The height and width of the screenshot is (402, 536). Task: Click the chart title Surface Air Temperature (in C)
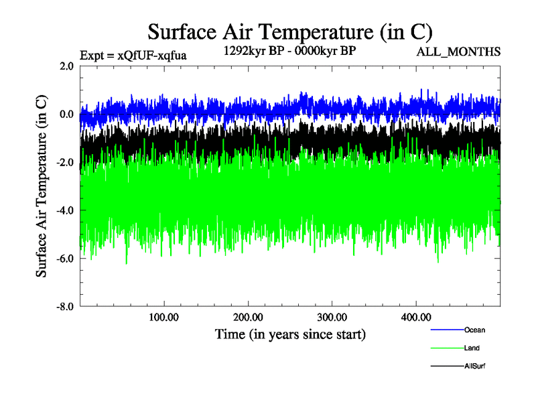(290, 31)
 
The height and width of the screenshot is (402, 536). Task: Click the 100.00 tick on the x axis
(164, 317)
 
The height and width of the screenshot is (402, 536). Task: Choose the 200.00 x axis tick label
(248, 317)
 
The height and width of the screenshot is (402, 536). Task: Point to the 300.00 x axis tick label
(332, 317)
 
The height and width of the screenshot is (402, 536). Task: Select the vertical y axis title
(42, 186)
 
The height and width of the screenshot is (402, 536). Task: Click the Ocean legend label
(474, 330)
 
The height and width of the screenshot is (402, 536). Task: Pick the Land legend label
(472, 348)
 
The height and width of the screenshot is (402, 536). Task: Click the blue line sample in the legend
(446, 330)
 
